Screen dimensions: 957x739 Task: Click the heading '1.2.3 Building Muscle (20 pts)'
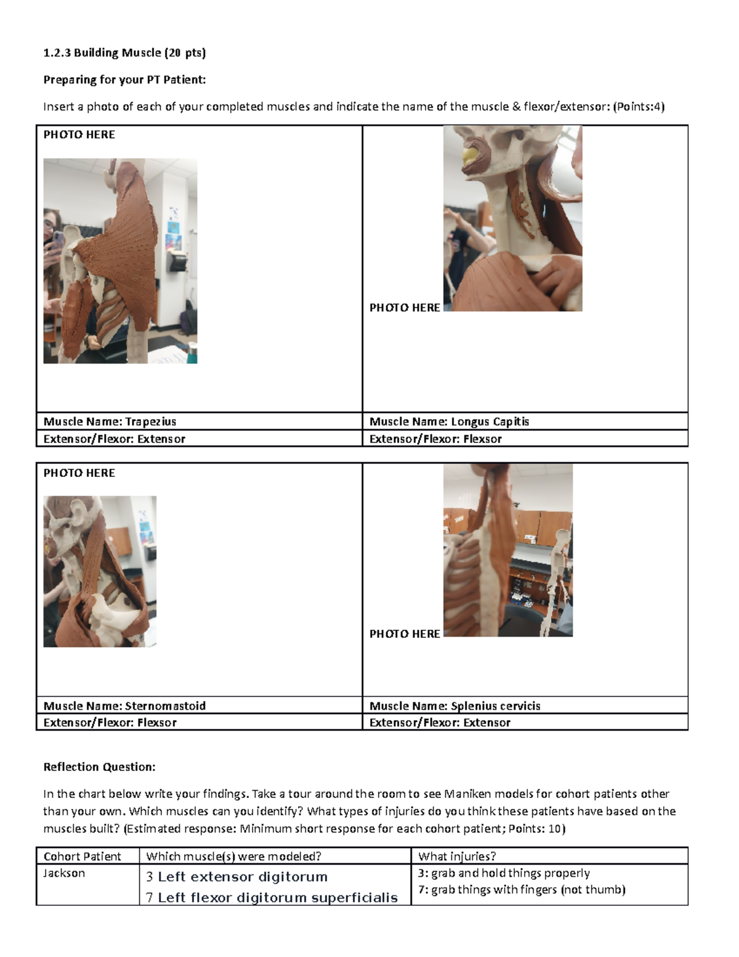124,53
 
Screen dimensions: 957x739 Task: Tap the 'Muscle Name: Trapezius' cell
110,421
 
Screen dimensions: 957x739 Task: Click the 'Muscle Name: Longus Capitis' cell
449,421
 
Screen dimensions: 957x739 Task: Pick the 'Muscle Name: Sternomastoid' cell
124,706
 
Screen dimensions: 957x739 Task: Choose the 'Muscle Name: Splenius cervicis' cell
454,706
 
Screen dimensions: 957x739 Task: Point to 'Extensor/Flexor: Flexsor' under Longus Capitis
435,439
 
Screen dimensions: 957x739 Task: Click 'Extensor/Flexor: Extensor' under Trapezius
114,439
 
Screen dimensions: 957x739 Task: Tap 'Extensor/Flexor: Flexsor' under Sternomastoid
110,722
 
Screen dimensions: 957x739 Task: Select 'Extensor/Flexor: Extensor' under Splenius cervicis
440,722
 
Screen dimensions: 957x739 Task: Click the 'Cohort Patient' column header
82,856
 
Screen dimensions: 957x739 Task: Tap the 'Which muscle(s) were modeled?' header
233,856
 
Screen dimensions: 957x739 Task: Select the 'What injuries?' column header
457,856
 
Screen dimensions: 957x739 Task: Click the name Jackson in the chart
64,873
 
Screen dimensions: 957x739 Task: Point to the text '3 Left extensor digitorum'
236,876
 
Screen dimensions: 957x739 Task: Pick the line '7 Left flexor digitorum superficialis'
272,897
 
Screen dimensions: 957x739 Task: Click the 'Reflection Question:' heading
99,767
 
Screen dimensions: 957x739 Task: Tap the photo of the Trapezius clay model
120,261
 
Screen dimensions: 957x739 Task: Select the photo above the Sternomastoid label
100,571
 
